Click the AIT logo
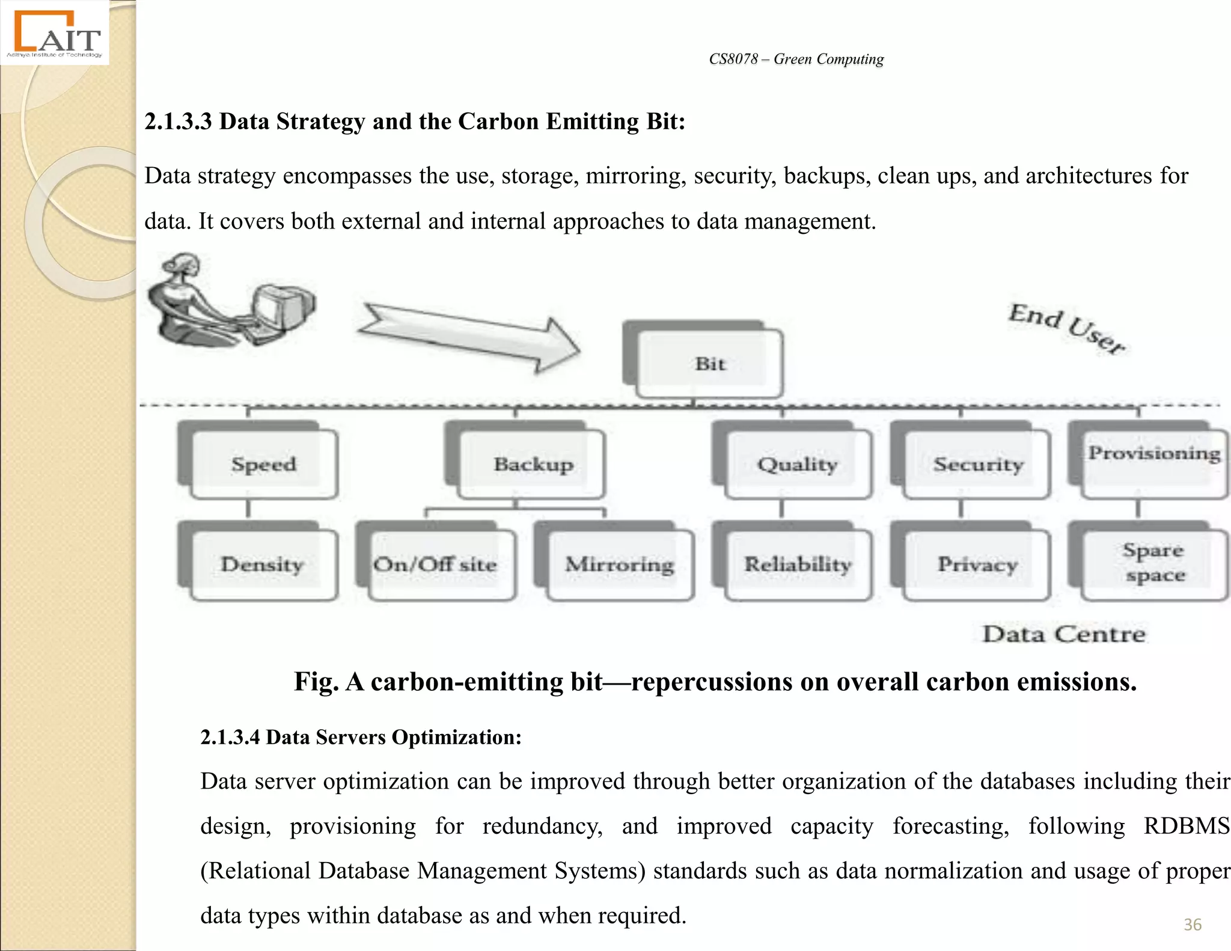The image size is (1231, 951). click(x=55, y=34)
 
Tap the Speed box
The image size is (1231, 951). click(x=263, y=463)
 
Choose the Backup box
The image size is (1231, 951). click(x=532, y=463)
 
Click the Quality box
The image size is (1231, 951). click(x=797, y=463)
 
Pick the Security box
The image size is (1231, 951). click(x=977, y=463)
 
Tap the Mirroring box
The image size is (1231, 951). click(x=620, y=564)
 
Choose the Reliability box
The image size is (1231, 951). click(x=797, y=564)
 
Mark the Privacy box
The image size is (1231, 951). click(x=977, y=564)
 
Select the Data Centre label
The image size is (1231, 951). click(x=1063, y=634)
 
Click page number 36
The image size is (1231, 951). click(x=1193, y=924)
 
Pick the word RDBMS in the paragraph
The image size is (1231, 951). click(x=1186, y=826)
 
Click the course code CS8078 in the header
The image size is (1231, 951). click(x=733, y=59)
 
